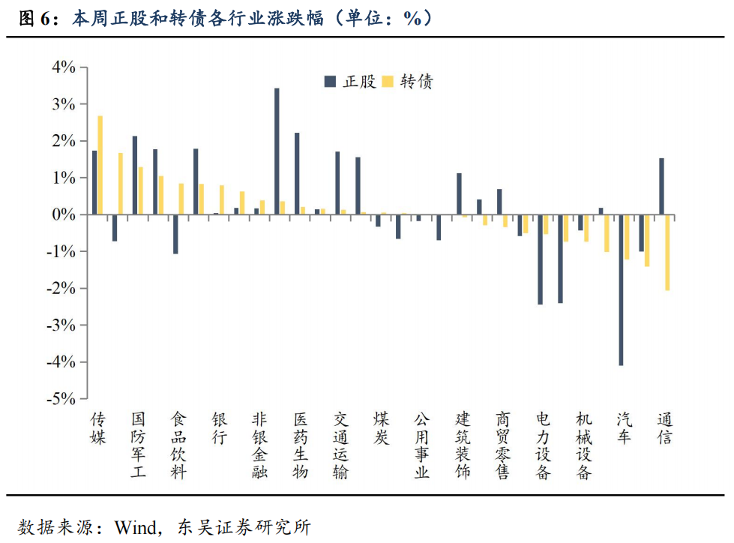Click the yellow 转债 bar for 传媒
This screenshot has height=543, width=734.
(x=100, y=165)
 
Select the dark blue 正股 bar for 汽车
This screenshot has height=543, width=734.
(x=621, y=289)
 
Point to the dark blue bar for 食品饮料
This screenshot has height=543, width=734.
(x=175, y=234)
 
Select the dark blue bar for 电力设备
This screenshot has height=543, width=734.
(x=540, y=259)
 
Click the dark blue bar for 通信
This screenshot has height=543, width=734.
(x=661, y=186)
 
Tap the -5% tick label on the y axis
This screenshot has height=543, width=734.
(x=61, y=399)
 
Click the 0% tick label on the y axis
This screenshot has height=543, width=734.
(x=64, y=215)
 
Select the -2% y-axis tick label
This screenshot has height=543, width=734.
(x=61, y=289)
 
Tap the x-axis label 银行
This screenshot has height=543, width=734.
(x=219, y=428)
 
